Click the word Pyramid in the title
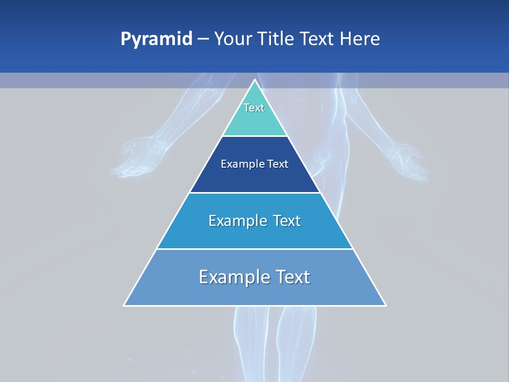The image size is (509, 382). (156, 39)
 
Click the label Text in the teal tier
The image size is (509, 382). (254, 108)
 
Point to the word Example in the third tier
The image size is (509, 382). (236, 221)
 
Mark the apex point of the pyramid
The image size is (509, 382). (254, 80)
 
